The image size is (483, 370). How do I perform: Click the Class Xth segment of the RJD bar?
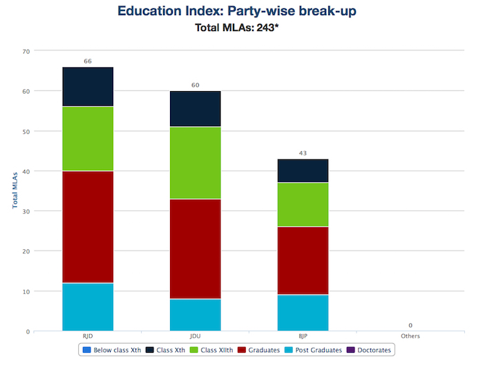click(88, 87)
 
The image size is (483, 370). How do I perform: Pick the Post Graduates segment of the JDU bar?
click(196, 315)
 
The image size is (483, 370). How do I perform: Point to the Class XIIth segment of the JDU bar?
click(196, 163)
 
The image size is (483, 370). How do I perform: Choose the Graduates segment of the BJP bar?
click(303, 260)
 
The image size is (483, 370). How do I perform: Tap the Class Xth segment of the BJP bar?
click(303, 171)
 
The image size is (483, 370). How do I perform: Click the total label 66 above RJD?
click(88, 61)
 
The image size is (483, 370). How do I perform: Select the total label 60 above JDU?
click(196, 86)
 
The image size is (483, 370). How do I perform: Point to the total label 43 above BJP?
click(303, 153)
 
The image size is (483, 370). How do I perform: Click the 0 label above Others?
click(410, 325)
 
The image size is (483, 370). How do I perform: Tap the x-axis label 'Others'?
click(410, 336)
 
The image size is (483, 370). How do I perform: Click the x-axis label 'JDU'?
click(196, 336)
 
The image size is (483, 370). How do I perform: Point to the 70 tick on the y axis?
click(26, 51)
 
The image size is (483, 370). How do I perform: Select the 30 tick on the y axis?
click(26, 211)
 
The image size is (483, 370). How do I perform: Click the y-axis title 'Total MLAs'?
click(14, 191)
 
